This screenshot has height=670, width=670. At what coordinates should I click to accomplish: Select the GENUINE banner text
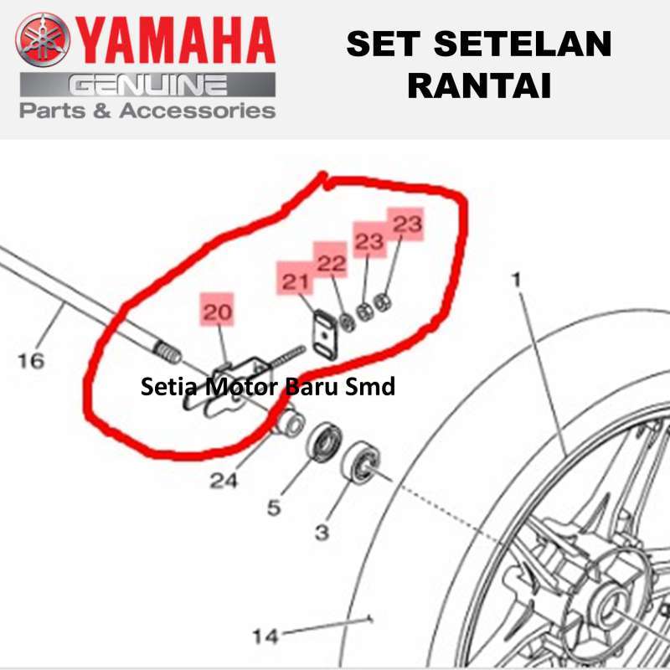(148, 85)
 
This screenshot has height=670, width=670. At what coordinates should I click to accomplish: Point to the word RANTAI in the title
(478, 85)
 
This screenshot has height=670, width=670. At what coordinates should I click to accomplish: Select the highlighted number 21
(294, 282)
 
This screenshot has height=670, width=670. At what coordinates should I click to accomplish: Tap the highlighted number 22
(331, 263)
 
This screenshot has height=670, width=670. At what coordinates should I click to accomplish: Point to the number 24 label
(224, 481)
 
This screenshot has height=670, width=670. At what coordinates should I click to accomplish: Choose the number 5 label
(274, 508)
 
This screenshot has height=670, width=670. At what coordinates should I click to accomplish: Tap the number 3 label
(322, 532)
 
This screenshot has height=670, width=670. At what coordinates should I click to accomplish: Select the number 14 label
(265, 636)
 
